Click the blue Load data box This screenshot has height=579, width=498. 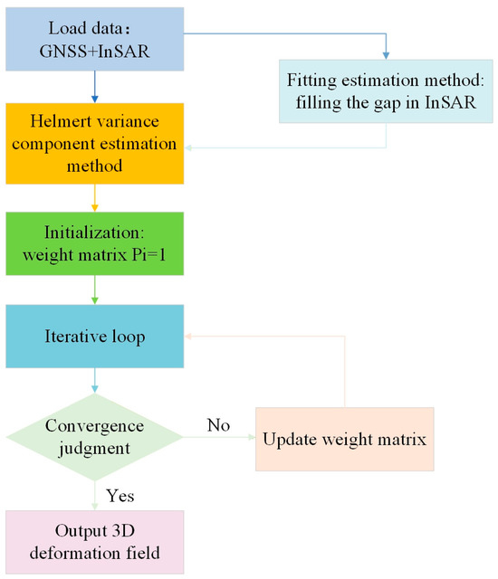[x=94, y=39]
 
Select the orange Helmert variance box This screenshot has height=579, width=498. [x=94, y=144]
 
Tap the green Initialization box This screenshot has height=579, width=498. [x=94, y=243]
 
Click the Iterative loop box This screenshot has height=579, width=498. [x=94, y=336]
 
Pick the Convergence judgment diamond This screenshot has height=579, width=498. [x=94, y=437]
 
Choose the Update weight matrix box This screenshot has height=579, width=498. [x=345, y=439]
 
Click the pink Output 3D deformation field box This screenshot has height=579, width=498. [x=94, y=542]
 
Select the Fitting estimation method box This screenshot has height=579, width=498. [x=386, y=91]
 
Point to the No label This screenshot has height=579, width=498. [x=219, y=425]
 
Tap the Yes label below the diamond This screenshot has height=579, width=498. [x=120, y=496]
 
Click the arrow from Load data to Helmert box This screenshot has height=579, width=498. [x=94, y=87]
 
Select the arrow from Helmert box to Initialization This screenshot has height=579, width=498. [x=94, y=198]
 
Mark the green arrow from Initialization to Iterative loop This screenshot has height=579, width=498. [x=94, y=289]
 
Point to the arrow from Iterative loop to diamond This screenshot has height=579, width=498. [x=94, y=380]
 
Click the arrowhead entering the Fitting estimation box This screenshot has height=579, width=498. [x=386, y=56]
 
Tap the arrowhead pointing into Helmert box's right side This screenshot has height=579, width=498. [x=187, y=147]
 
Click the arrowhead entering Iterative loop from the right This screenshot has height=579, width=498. [x=187, y=336]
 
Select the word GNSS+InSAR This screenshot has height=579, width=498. [x=94, y=51]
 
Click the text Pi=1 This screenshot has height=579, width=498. [x=148, y=255]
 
